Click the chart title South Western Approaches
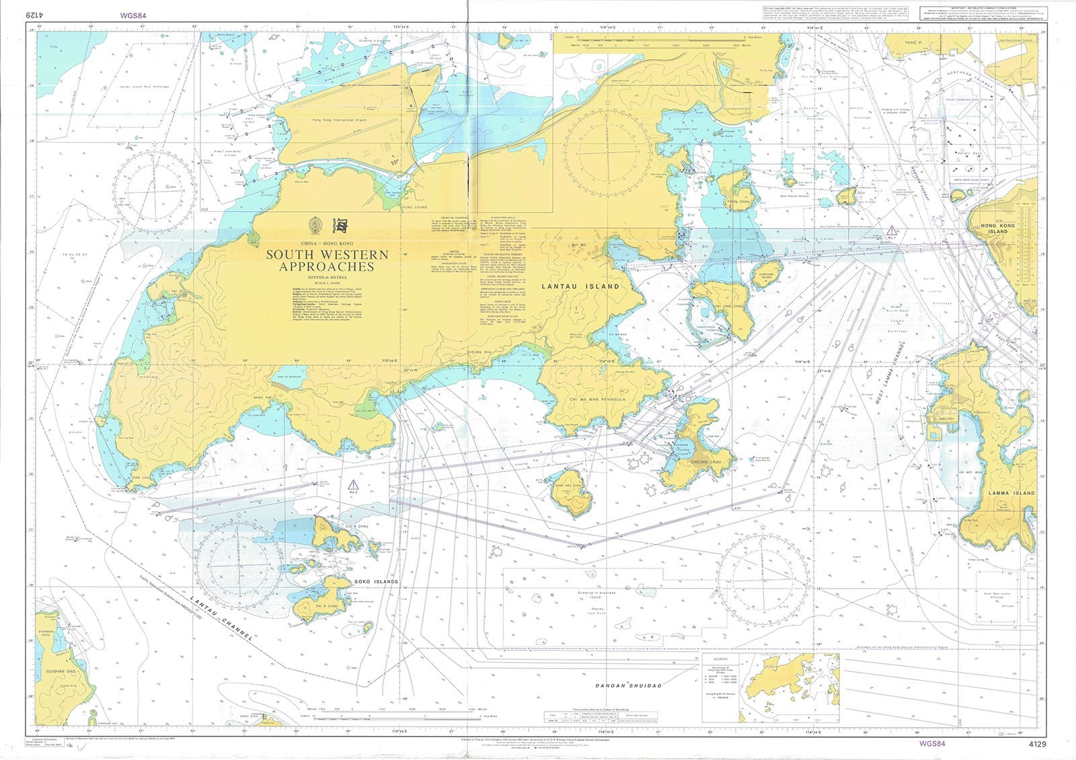coord(328,260)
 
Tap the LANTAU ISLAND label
coord(580,287)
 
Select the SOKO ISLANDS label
coord(376,582)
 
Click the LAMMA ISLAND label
coord(1011,493)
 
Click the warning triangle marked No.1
coord(892,232)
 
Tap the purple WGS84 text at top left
coord(133,13)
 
